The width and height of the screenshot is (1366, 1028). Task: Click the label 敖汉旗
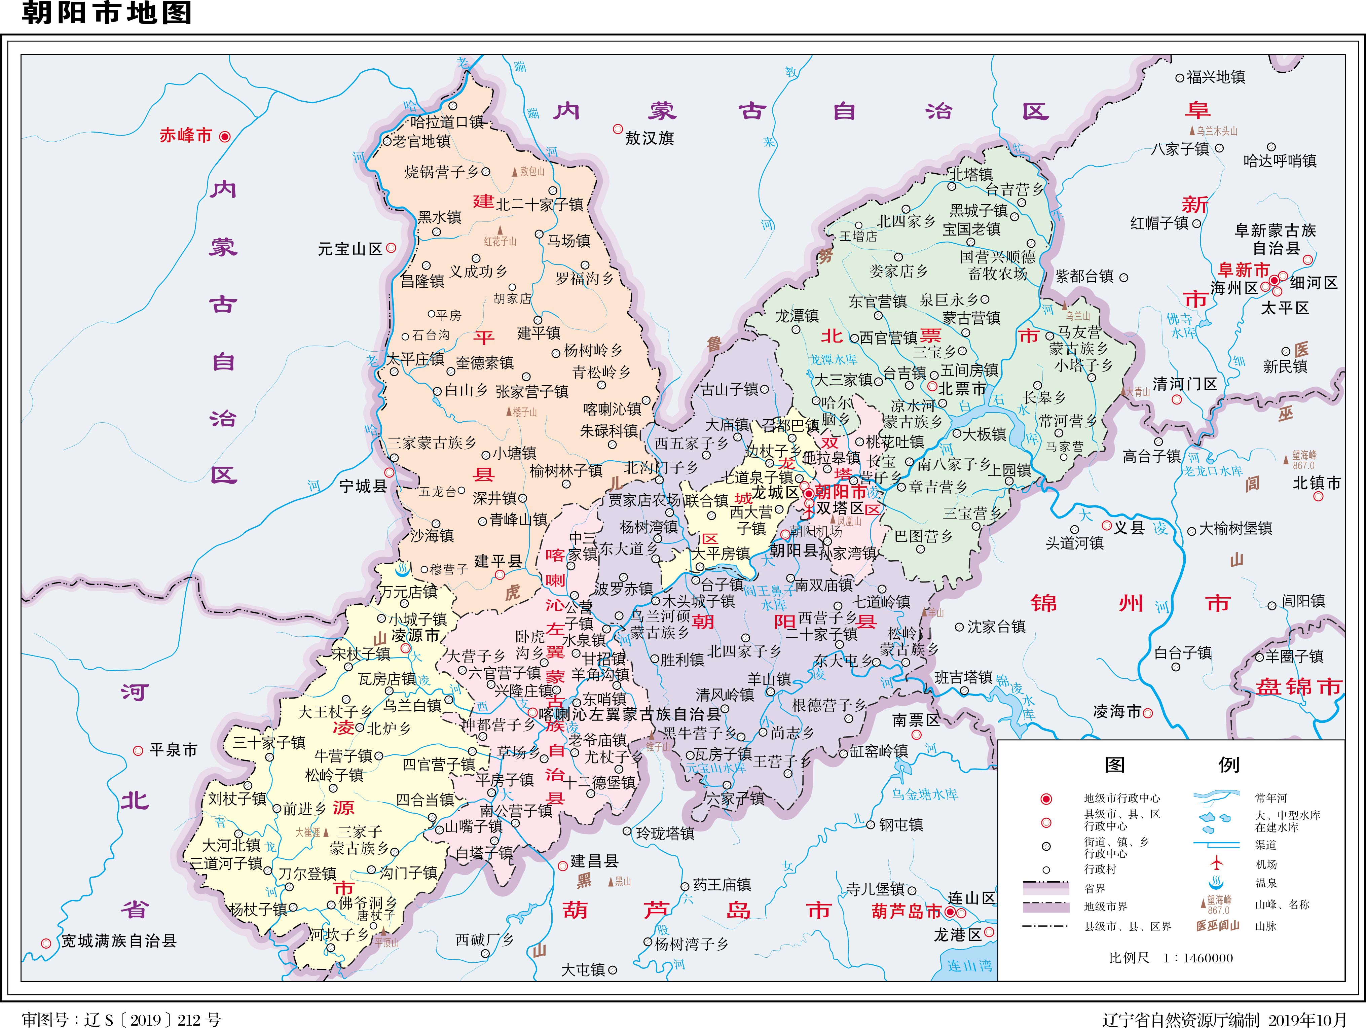[x=649, y=138]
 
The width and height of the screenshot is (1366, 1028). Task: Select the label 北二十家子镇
[x=539, y=205]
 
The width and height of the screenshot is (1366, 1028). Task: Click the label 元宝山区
[x=350, y=250]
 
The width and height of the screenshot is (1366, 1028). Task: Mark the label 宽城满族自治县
[x=118, y=941]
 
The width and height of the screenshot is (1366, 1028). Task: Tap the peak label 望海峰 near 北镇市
[x=1304, y=455]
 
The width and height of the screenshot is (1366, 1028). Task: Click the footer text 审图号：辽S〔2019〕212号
[x=122, y=1019]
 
